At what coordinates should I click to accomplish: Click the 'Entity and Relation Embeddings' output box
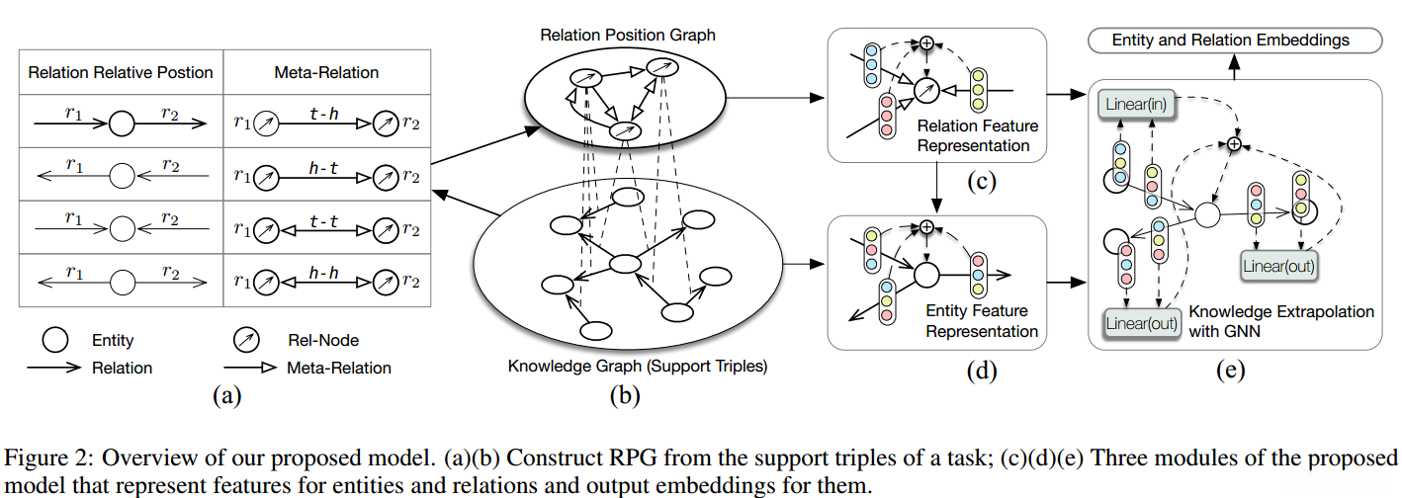pos(1231,41)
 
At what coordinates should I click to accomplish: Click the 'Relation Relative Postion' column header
pos(121,72)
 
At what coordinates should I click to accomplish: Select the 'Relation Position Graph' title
pos(628,36)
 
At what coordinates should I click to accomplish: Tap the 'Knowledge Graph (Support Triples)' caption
pos(638,367)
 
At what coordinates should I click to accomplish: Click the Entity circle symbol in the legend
pos(55,341)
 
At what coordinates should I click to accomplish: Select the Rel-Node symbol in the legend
pos(244,341)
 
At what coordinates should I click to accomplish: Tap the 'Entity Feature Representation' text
pos(981,322)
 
